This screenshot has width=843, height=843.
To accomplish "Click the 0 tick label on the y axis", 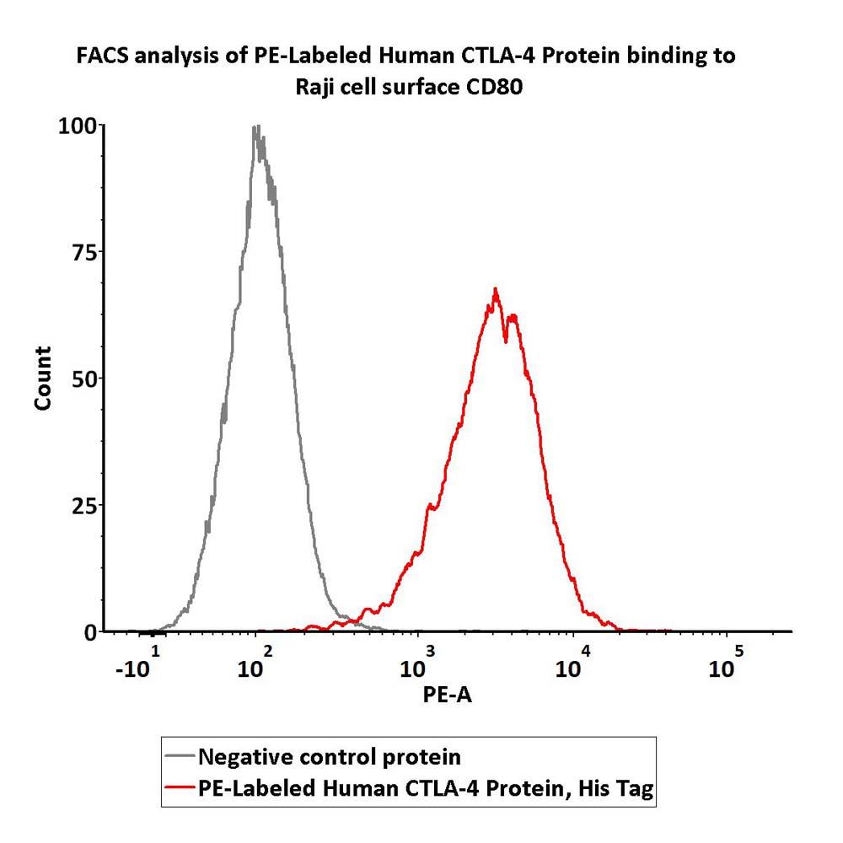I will [x=90, y=631].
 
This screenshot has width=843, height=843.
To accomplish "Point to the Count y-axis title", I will [x=43, y=378].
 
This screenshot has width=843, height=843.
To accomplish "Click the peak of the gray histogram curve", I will [x=256, y=127].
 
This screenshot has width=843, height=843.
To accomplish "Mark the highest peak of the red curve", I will [x=496, y=289].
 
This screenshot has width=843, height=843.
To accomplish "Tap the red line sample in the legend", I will [x=180, y=788].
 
